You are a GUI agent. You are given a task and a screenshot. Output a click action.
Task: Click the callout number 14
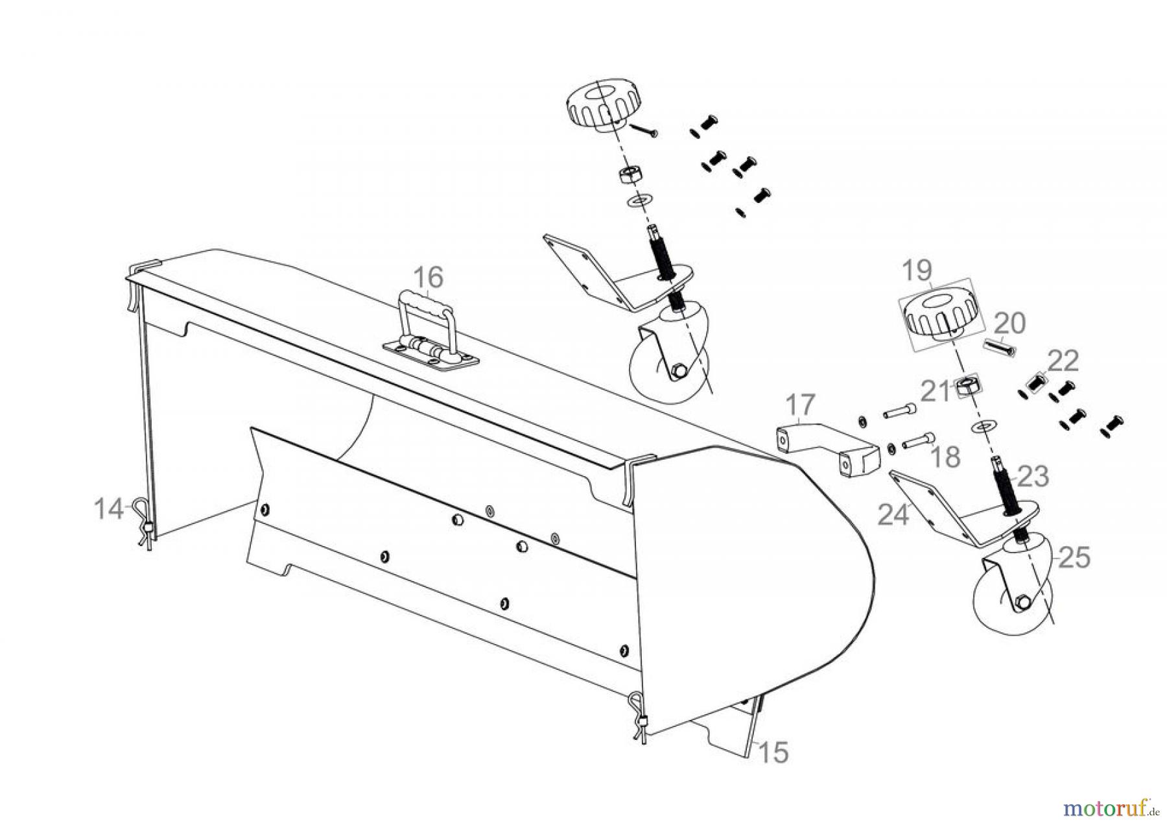tap(108, 509)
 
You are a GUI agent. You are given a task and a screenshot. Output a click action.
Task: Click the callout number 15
tap(773, 752)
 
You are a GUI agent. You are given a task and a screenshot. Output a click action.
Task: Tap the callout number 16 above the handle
tap(428, 278)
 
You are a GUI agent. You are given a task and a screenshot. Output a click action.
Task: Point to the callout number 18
tap(945, 457)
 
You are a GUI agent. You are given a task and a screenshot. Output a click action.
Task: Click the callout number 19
tap(917, 270)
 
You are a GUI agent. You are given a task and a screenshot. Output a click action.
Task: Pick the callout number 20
tap(1009, 322)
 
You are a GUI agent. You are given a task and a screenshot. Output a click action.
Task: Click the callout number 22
tap(1063, 361)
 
